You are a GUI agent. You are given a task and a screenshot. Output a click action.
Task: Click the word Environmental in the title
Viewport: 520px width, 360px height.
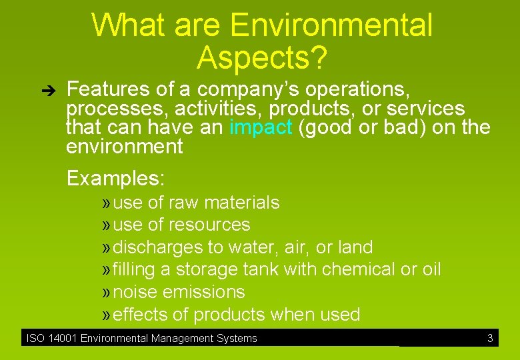331,26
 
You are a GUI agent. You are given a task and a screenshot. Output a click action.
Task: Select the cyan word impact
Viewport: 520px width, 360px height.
261,127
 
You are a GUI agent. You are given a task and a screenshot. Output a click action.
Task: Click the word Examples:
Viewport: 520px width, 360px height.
115,179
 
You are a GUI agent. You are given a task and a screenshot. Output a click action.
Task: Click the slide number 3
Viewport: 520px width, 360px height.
490,338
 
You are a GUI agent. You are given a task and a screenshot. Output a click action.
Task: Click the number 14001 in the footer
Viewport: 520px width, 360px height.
62,339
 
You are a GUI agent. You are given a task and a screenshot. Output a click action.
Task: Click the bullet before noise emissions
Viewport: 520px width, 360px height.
106,293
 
